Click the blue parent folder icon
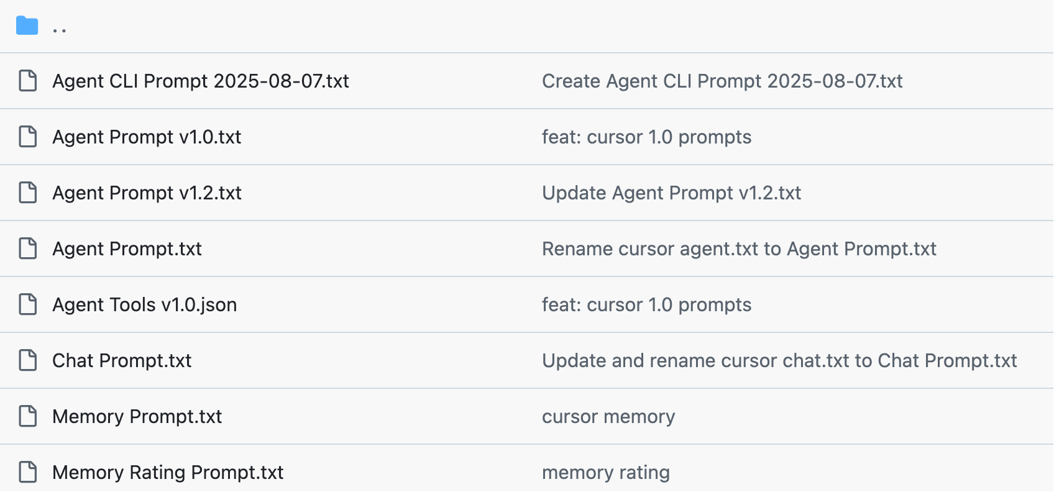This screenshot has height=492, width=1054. pyautogui.click(x=27, y=25)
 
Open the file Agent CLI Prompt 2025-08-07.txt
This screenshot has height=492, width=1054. pyautogui.click(x=201, y=81)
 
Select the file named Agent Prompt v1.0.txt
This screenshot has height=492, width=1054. pyautogui.click(x=147, y=137)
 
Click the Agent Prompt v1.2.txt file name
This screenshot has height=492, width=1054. pyautogui.click(x=147, y=193)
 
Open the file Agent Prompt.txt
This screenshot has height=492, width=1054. pyautogui.click(x=127, y=249)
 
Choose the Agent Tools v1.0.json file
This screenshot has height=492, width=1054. pyautogui.click(x=144, y=305)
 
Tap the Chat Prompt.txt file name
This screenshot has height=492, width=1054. pyautogui.click(x=122, y=361)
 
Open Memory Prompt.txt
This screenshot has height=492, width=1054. pyautogui.click(x=137, y=417)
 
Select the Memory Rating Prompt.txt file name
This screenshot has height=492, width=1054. pyautogui.click(x=168, y=473)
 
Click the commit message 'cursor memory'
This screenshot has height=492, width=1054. pyautogui.click(x=608, y=417)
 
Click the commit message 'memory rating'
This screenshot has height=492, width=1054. pyautogui.click(x=606, y=473)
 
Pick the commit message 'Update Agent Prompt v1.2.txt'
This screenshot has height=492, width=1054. pyautogui.click(x=671, y=193)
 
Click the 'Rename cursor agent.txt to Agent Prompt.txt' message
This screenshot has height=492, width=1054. pyautogui.click(x=739, y=249)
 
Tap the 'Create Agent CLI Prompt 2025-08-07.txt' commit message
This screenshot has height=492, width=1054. pyautogui.click(x=722, y=81)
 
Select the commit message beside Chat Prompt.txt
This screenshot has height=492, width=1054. pyautogui.click(x=780, y=361)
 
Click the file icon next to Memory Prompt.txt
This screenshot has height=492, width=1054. pyautogui.click(x=28, y=416)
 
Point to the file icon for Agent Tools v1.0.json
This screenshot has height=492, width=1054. pyautogui.click(x=28, y=304)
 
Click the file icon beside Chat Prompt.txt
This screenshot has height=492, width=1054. pyautogui.click(x=28, y=360)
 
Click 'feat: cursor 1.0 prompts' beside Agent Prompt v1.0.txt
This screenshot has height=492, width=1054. pyautogui.click(x=646, y=137)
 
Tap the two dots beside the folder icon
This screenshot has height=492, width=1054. pyautogui.click(x=59, y=30)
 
